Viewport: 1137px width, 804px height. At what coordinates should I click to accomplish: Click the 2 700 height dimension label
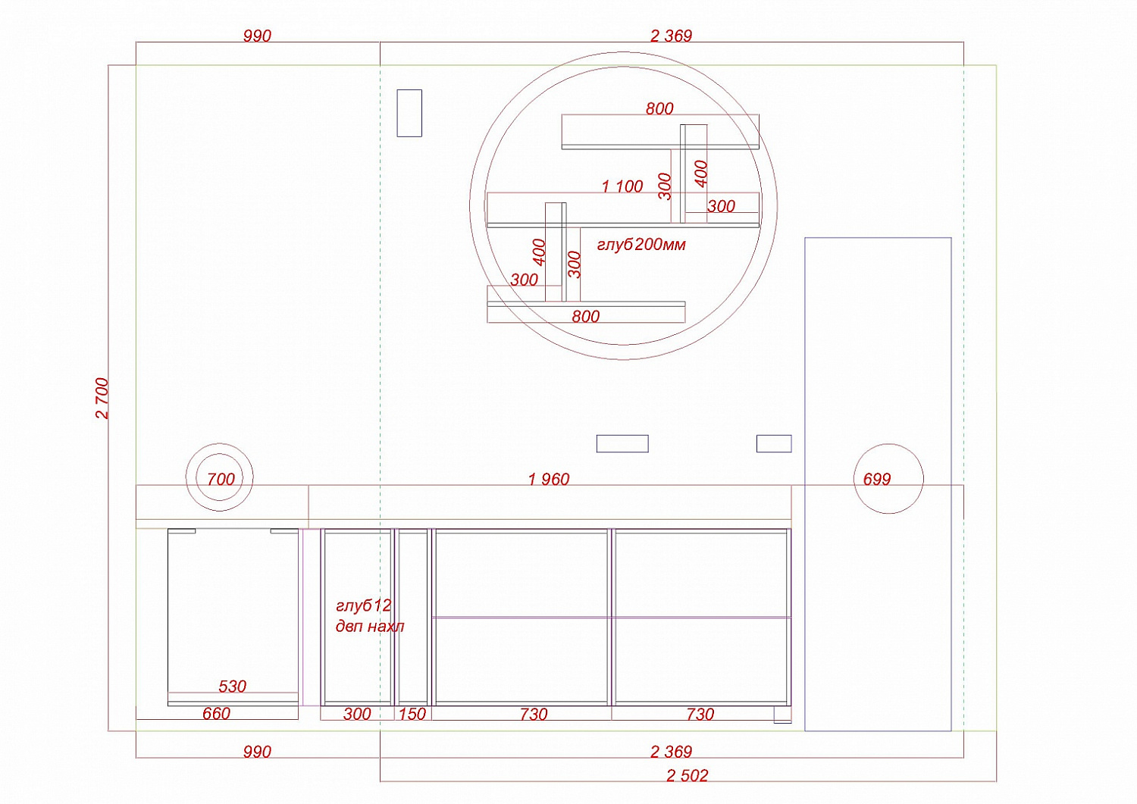(x=102, y=399)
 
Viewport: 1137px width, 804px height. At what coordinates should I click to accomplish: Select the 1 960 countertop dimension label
(x=549, y=479)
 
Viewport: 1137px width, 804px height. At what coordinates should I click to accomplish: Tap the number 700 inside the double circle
(x=221, y=479)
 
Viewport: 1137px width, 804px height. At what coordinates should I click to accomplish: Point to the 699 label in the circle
(x=877, y=479)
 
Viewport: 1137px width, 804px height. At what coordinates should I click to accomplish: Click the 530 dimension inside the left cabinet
(x=232, y=687)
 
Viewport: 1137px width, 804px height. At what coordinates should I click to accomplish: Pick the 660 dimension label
(x=216, y=714)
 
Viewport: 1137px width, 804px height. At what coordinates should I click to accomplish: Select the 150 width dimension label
(x=412, y=714)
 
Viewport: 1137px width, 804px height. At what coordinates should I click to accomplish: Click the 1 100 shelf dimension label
(x=622, y=186)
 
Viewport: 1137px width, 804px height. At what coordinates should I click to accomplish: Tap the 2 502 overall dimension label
(x=688, y=775)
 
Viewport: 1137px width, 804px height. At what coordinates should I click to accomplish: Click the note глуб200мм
(x=641, y=245)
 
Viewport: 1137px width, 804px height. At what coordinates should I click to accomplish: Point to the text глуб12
(x=363, y=605)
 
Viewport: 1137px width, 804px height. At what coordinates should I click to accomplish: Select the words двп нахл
(x=370, y=627)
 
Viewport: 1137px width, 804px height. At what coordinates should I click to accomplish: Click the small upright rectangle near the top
(x=409, y=113)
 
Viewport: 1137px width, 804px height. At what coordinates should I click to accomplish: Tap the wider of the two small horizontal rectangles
(x=622, y=443)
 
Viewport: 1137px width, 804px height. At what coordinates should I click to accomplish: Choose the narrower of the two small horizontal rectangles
(x=774, y=443)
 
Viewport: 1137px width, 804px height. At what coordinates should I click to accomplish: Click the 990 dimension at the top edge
(x=258, y=36)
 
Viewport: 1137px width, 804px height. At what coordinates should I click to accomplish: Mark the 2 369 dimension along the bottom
(x=671, y=751)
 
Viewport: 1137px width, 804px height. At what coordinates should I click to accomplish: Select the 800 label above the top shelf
(x=659, y=108)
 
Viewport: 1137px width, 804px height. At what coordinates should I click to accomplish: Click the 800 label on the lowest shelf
(x=586, y=317)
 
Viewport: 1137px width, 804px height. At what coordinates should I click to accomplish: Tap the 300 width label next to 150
(x=357, y=714)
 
